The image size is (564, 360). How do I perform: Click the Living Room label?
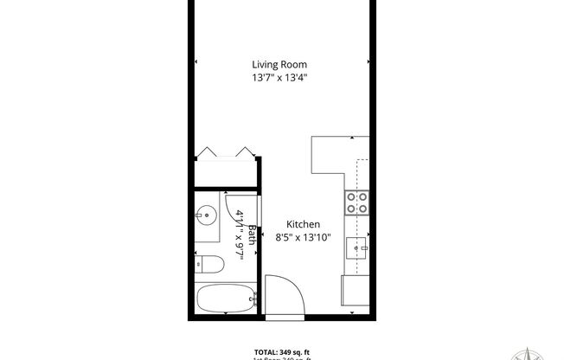click(279, 64)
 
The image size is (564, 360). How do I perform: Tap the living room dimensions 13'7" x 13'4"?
click(279, 78)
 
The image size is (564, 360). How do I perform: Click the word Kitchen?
click(292, 223)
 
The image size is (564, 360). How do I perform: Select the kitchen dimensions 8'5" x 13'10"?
click(292, 236)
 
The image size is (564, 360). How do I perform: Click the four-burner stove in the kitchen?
click(356, 202)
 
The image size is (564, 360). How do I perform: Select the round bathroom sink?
click(207, 215)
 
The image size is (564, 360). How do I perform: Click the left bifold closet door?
click(209, 153)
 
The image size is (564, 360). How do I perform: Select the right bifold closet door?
click(243, 153)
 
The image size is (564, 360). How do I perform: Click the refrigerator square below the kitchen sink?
click(356, 289)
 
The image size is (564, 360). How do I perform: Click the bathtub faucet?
click(253, 300)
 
